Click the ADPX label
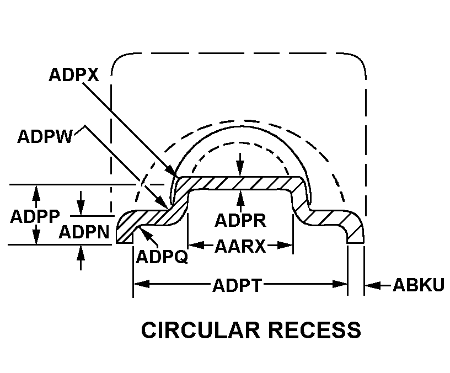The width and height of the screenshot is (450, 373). (73, 75)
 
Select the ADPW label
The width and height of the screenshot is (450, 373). (45, 136)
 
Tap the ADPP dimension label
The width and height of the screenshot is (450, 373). (35, 216)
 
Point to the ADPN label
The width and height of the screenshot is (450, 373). (83, 232)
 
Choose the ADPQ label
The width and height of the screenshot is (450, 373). (161, 257)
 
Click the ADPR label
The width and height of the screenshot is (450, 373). (240, 221)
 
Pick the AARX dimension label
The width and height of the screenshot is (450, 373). (240, 246)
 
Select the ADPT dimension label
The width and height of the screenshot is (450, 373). (240, 285)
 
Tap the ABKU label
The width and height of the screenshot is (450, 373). (418, 285)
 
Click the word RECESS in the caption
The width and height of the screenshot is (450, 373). (315, 330)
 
